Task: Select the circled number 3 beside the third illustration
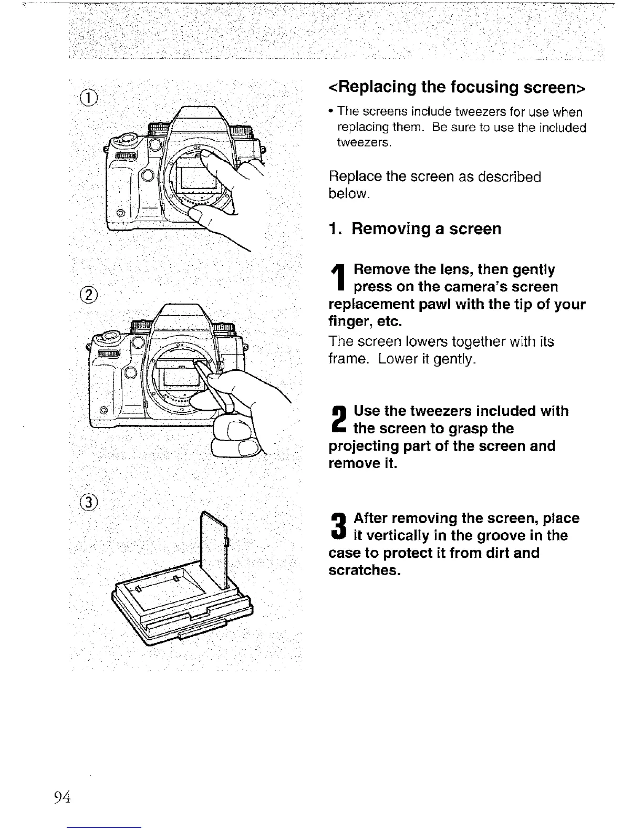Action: [x=90, y=502]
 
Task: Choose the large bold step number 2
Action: [x=339, y=420]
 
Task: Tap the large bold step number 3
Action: [x=339, y=528]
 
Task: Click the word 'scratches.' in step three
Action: [x=365, y=570]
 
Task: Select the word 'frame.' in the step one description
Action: [x=347, y=360]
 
